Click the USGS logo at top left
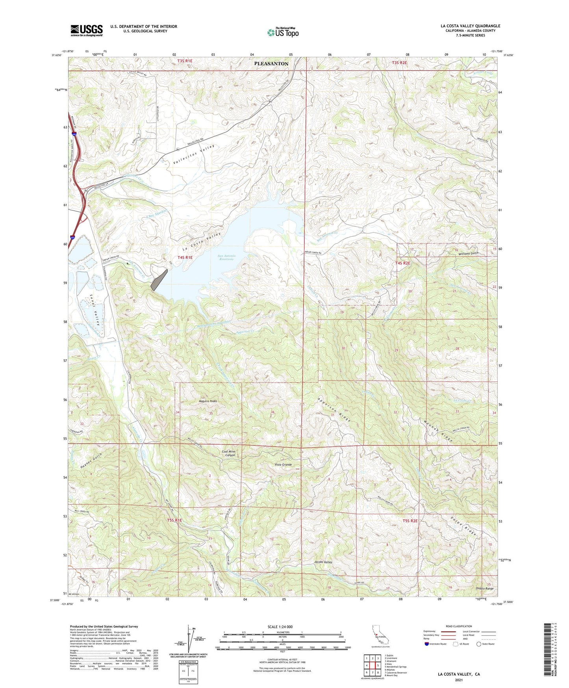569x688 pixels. (x=86, y=30)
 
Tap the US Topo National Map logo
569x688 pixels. (x=282, y=32)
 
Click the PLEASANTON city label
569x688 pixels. (x=271, y=63)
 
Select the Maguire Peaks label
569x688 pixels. (x=208, y=401)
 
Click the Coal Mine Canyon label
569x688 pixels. (x=228, y=454)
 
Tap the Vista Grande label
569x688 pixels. (x=283, y=465)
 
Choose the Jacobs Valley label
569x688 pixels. (x=323, y=562)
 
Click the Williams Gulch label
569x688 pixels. (x=468, y=254)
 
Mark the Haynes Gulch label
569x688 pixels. (x=91, y=461)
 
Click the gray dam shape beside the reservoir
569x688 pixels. (x=159, y=280)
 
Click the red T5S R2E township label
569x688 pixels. (x=410, y=521)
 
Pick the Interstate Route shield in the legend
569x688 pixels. (x=427, y=644)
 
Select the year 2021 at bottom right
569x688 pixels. (x=458, y=680)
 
